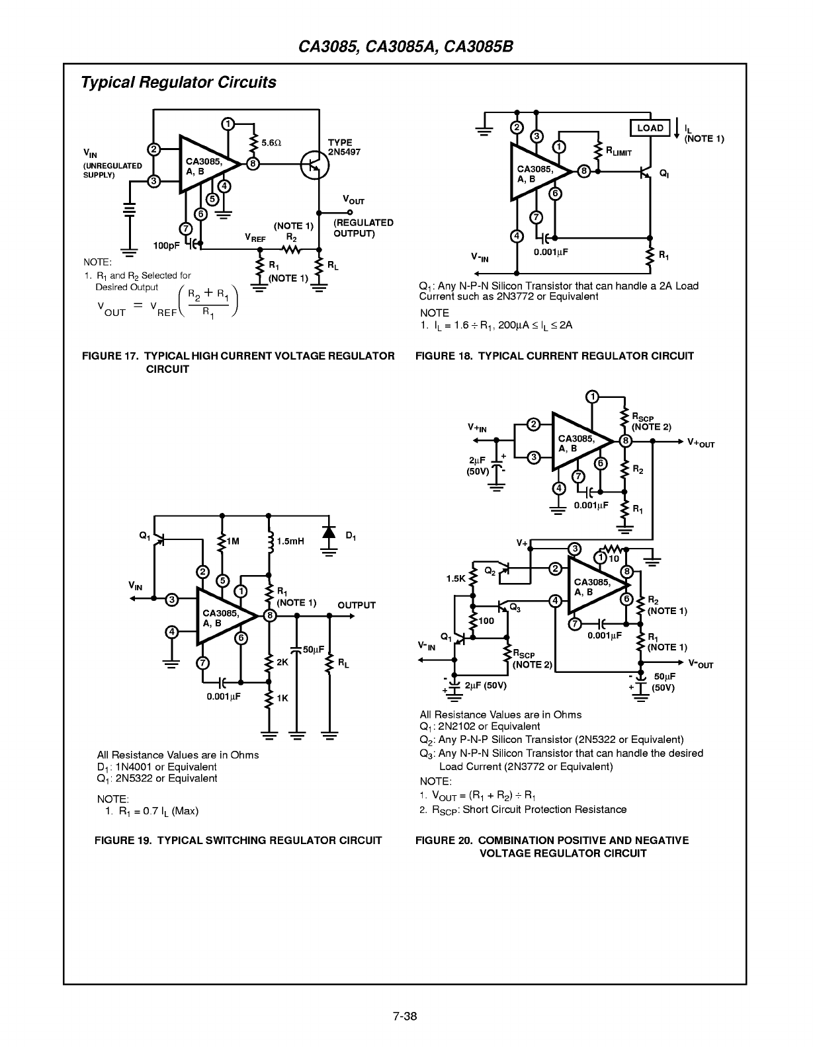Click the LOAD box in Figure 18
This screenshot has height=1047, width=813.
coord(650,128)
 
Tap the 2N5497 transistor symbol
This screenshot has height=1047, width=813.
coord(314,165)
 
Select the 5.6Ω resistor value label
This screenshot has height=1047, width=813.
coord(271,143)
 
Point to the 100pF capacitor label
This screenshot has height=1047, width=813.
coord(166,246)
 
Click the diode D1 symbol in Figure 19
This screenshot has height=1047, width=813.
coord(329,532)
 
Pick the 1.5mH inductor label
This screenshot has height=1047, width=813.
coord(290,541)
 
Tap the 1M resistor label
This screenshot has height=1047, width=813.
coord(233,541)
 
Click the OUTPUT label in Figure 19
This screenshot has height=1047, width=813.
coord(357,605)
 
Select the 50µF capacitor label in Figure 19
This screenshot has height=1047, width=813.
coord(314,650)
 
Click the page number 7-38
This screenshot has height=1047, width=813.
coord(405,1016)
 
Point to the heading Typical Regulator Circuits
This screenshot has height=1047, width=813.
coord(179,83)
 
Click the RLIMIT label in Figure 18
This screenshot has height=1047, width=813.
coord(619,152)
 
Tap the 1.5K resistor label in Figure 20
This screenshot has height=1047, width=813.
coord(456,578)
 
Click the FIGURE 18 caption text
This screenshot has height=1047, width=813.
coord(554,356)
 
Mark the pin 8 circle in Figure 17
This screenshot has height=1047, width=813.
coord(253,164)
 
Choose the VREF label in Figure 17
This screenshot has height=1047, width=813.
coord(255,238)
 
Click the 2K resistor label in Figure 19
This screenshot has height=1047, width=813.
coord(282,662)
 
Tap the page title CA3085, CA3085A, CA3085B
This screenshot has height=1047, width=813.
coord(406,47)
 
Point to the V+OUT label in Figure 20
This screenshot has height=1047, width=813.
coord(701,443)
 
